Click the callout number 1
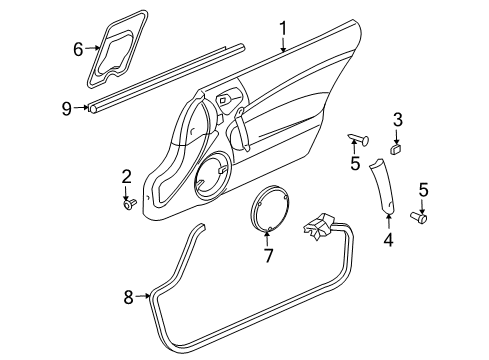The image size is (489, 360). pyautogui.click(x=283, y=28)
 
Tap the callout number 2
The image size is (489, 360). pyautogui.click(x=127, y=177)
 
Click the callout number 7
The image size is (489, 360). pyautogui.click(x=267, y=256)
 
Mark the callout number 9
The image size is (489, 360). pyautogui.click(x=66, y=109)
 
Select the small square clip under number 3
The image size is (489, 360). pyautogui.click(x=396, y=147)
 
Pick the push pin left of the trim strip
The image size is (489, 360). pyautogui.click(x=359, y=138)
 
